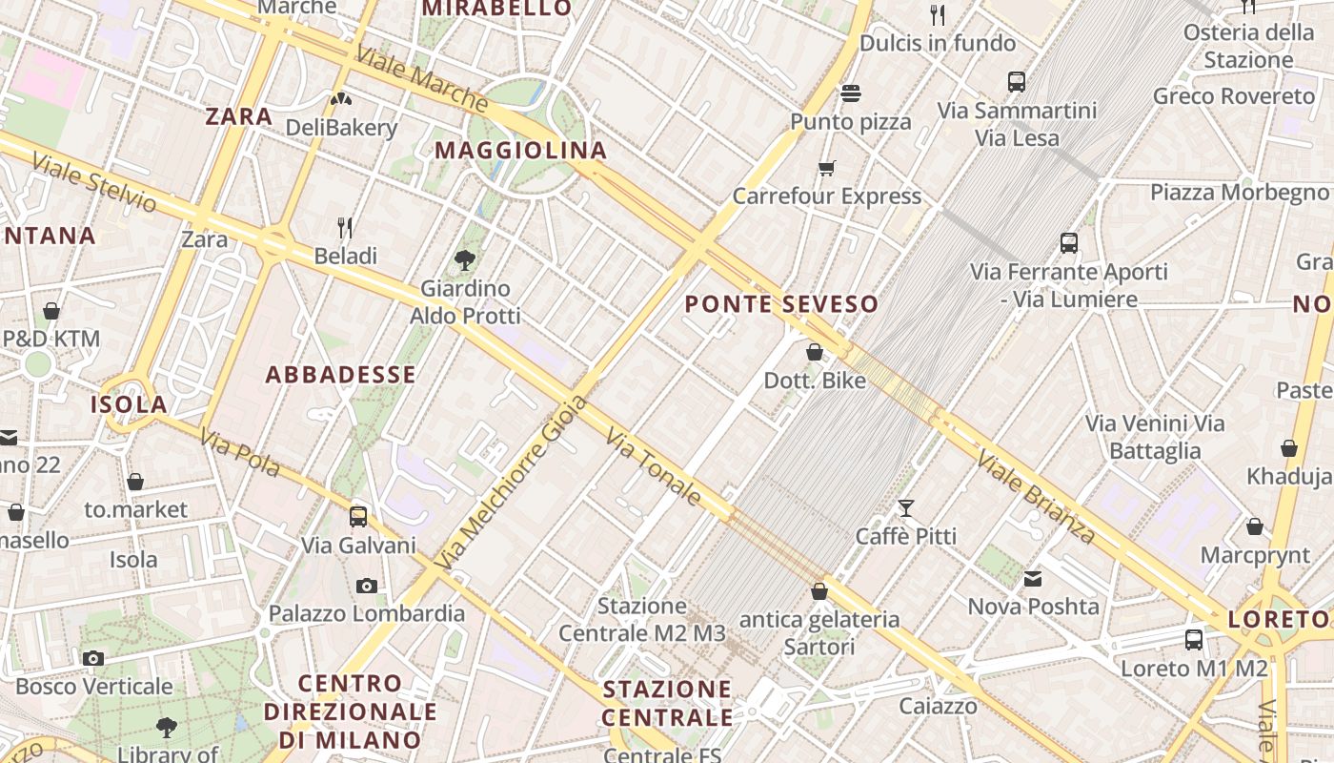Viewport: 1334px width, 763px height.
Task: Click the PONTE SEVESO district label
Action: [781, 304]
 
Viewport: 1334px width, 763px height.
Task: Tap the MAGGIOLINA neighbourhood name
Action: [520, 150]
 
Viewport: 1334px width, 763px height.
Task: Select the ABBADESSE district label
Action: [340, 374]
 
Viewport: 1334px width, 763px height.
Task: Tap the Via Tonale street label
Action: [654, 466]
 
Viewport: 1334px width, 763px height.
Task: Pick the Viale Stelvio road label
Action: [93, 181]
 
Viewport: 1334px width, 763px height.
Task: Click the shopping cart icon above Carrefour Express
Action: [826, 169]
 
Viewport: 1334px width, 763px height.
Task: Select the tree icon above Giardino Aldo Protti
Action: [465, 258]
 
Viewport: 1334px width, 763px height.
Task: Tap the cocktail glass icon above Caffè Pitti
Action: [905, 507]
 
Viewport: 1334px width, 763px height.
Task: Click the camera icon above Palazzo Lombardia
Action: [367, 585]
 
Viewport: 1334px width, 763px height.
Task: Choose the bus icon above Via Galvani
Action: [358, 517]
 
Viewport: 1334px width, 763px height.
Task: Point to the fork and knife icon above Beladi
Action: [345, 227]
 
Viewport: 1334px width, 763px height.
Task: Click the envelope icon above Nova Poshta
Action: [1033, 578]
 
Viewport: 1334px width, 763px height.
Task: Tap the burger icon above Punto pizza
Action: [851, 93]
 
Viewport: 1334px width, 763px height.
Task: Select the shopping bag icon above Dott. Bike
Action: [815, 352]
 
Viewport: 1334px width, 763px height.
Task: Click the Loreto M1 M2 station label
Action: [1194, 669]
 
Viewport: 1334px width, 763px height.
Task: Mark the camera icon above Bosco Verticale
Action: [93, 658]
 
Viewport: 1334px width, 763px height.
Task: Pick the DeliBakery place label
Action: [341, 128]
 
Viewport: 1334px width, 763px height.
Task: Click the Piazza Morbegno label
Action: [1238, 192]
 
